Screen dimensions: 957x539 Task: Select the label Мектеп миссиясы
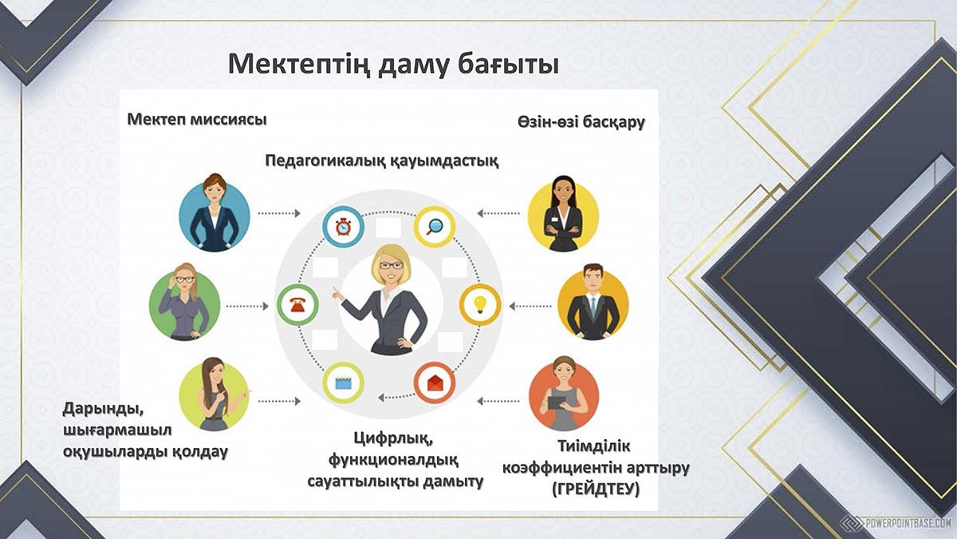pos(197,119)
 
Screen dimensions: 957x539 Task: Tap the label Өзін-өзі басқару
pos(581,122)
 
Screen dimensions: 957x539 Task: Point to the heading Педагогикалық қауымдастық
pos(381,161)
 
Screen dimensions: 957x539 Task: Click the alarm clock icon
pos(343,227)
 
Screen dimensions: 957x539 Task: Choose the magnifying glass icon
pos(435,226)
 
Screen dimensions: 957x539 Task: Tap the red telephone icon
pos(297,305)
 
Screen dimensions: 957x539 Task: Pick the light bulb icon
pos(480,304)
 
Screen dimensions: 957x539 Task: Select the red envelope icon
pos(435,382)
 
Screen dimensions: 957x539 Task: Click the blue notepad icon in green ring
pos(343,382)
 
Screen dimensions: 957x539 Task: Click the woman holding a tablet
pos(564,394)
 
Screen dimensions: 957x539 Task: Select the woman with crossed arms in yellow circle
pos(563,213)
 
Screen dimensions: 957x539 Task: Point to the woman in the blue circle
pos(215,212)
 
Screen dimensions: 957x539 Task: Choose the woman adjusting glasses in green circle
pos(184,302)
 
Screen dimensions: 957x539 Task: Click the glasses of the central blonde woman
pos(392,265)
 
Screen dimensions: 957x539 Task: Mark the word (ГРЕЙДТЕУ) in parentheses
pos(596,489)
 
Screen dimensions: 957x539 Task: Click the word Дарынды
pos(103,409)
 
